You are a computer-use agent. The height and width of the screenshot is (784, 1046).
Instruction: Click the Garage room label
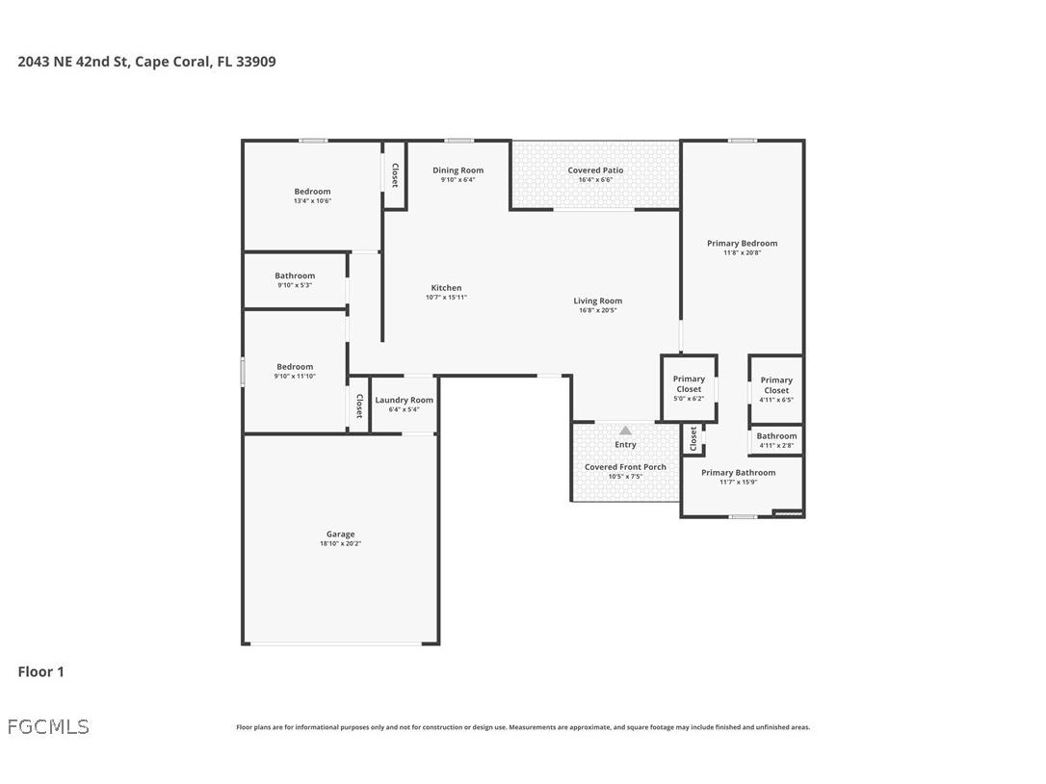(340, 535)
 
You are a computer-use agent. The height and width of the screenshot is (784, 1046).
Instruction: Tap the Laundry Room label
(404, 400)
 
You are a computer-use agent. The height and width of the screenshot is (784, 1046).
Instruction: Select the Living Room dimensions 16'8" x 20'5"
(597, 311)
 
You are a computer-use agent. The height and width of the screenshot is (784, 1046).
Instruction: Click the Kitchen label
(446, 288)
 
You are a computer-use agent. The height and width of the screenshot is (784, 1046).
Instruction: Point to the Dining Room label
(458, 170)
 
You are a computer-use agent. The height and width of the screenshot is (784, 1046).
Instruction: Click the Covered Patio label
(595, 170)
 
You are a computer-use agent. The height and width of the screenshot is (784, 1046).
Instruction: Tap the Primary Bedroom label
(742, 244)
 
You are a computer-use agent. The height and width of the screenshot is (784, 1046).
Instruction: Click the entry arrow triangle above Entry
(625, 431)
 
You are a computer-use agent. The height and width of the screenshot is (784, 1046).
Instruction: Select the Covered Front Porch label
(625, 467)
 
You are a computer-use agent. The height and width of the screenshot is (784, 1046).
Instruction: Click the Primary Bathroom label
(738, 473)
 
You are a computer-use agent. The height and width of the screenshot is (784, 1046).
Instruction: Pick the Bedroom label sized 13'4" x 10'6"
(312, 192)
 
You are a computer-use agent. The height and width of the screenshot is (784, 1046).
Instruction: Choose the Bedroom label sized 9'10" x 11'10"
(295, 367)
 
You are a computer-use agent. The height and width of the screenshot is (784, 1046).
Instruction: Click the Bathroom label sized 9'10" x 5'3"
(295, 276)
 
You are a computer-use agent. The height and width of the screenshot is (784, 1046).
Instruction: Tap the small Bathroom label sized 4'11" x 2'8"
(776, 436)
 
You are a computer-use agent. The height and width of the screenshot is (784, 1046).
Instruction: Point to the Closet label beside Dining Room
(395, 174)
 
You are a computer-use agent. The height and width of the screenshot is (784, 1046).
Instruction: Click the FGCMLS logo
(48, 727)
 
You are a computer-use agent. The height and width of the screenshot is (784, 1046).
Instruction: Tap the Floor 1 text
(40, 672)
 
